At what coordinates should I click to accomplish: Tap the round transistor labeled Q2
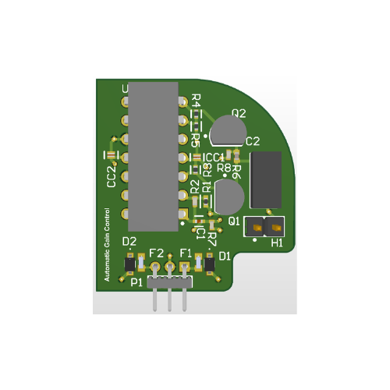coord(227,129)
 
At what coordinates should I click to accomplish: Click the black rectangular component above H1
coord(265,179)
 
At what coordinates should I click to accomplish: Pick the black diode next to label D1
coord(209,267)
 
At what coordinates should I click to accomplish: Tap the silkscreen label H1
coord(277,243)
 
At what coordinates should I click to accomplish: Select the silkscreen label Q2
coord(239,113)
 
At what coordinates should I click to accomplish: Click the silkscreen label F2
coord(156,253)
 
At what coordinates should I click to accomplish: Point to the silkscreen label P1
coord(136,282)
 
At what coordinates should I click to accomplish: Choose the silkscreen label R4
coord(195,101)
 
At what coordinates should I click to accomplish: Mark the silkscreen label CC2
coord(112,179)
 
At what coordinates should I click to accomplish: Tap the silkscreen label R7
coord(211,237)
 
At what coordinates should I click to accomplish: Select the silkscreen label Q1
coord(234,221)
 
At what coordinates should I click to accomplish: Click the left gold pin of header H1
coord(254,227)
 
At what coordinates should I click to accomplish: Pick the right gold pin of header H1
coord(275,227)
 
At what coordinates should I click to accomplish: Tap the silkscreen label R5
coord(195,139)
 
